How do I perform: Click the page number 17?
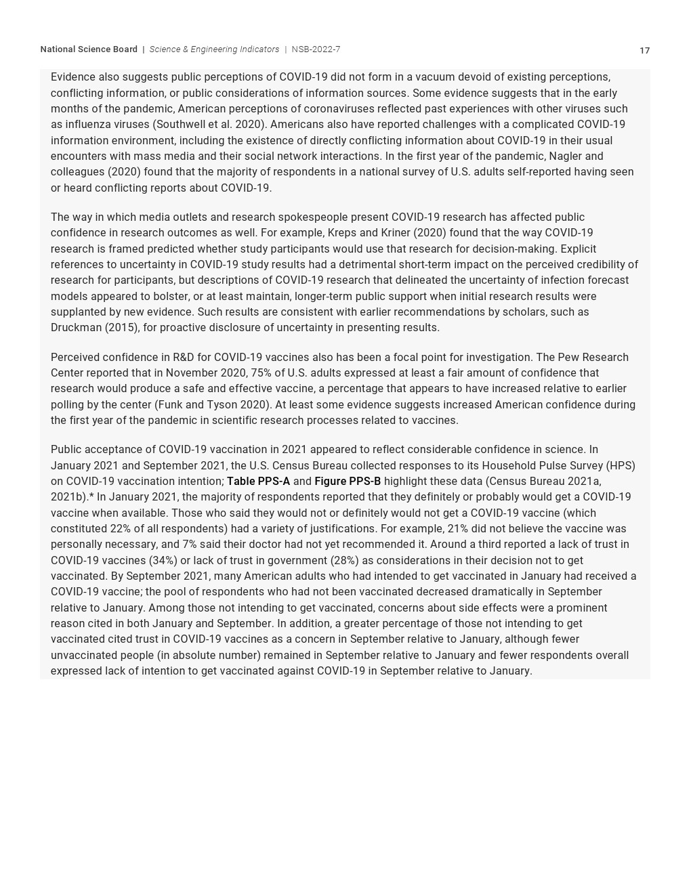644,51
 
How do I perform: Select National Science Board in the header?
89,49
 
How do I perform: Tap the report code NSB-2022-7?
316,49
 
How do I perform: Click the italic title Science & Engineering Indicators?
214,49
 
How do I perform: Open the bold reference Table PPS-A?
258,482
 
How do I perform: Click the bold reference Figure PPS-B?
348,482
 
